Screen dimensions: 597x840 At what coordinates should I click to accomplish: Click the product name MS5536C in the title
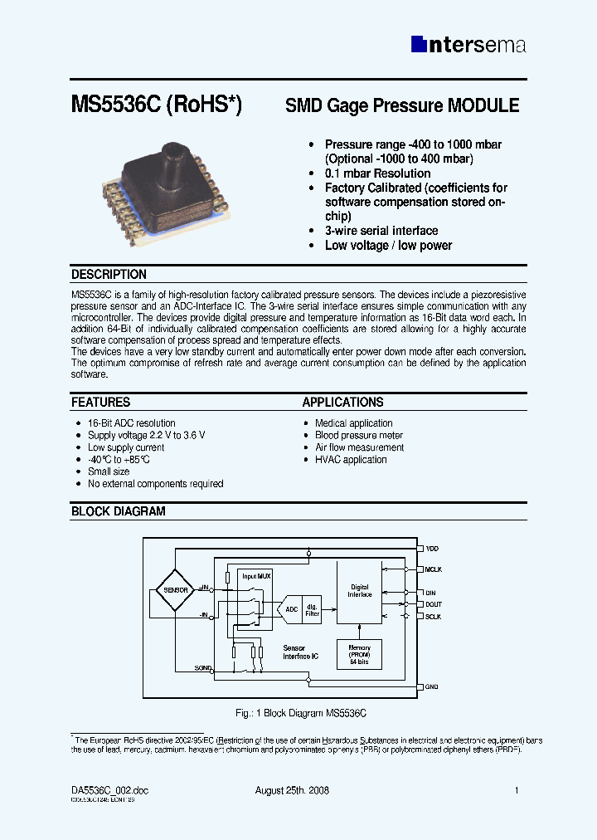[116, 106]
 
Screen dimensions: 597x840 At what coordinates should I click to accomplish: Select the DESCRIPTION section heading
[109, 275]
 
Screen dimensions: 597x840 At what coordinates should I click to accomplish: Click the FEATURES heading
[100, 403]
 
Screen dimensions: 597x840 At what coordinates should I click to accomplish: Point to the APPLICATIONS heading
[342, 403]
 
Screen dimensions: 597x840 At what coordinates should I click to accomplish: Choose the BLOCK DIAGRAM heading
[118, 512]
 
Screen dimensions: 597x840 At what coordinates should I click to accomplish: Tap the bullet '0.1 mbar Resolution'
[377, 173]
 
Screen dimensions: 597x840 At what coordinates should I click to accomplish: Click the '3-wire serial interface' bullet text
[381, 231]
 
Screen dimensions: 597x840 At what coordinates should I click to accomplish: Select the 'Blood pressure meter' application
[359, 435]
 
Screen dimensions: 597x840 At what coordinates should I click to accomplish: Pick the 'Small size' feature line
[109, 471]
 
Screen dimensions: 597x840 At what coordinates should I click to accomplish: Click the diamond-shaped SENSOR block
[176, 589]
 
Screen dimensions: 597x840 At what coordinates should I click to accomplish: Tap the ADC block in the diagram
[291, 609]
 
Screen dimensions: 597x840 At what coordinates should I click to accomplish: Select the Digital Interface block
[360, 591]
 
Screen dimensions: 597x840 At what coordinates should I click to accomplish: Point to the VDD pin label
[432, 549]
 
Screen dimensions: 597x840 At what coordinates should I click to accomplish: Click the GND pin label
[431, 687]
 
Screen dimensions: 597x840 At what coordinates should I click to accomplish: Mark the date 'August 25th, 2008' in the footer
[292, 790]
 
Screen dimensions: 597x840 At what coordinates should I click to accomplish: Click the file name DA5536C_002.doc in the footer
[109, 790]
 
